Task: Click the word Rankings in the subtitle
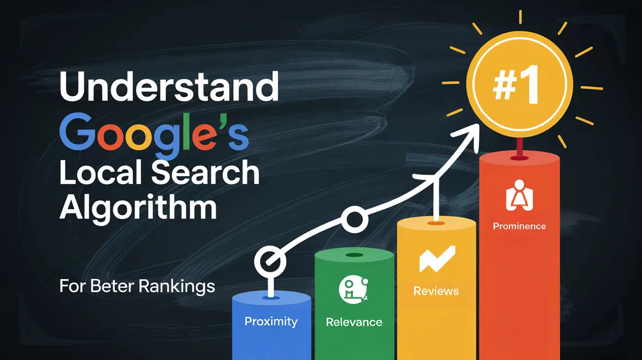[177, 286]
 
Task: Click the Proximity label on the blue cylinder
[271, 321]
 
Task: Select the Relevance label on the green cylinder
[354, 322]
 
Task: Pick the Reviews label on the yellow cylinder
[436, 291]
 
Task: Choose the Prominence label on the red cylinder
[519, 226]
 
